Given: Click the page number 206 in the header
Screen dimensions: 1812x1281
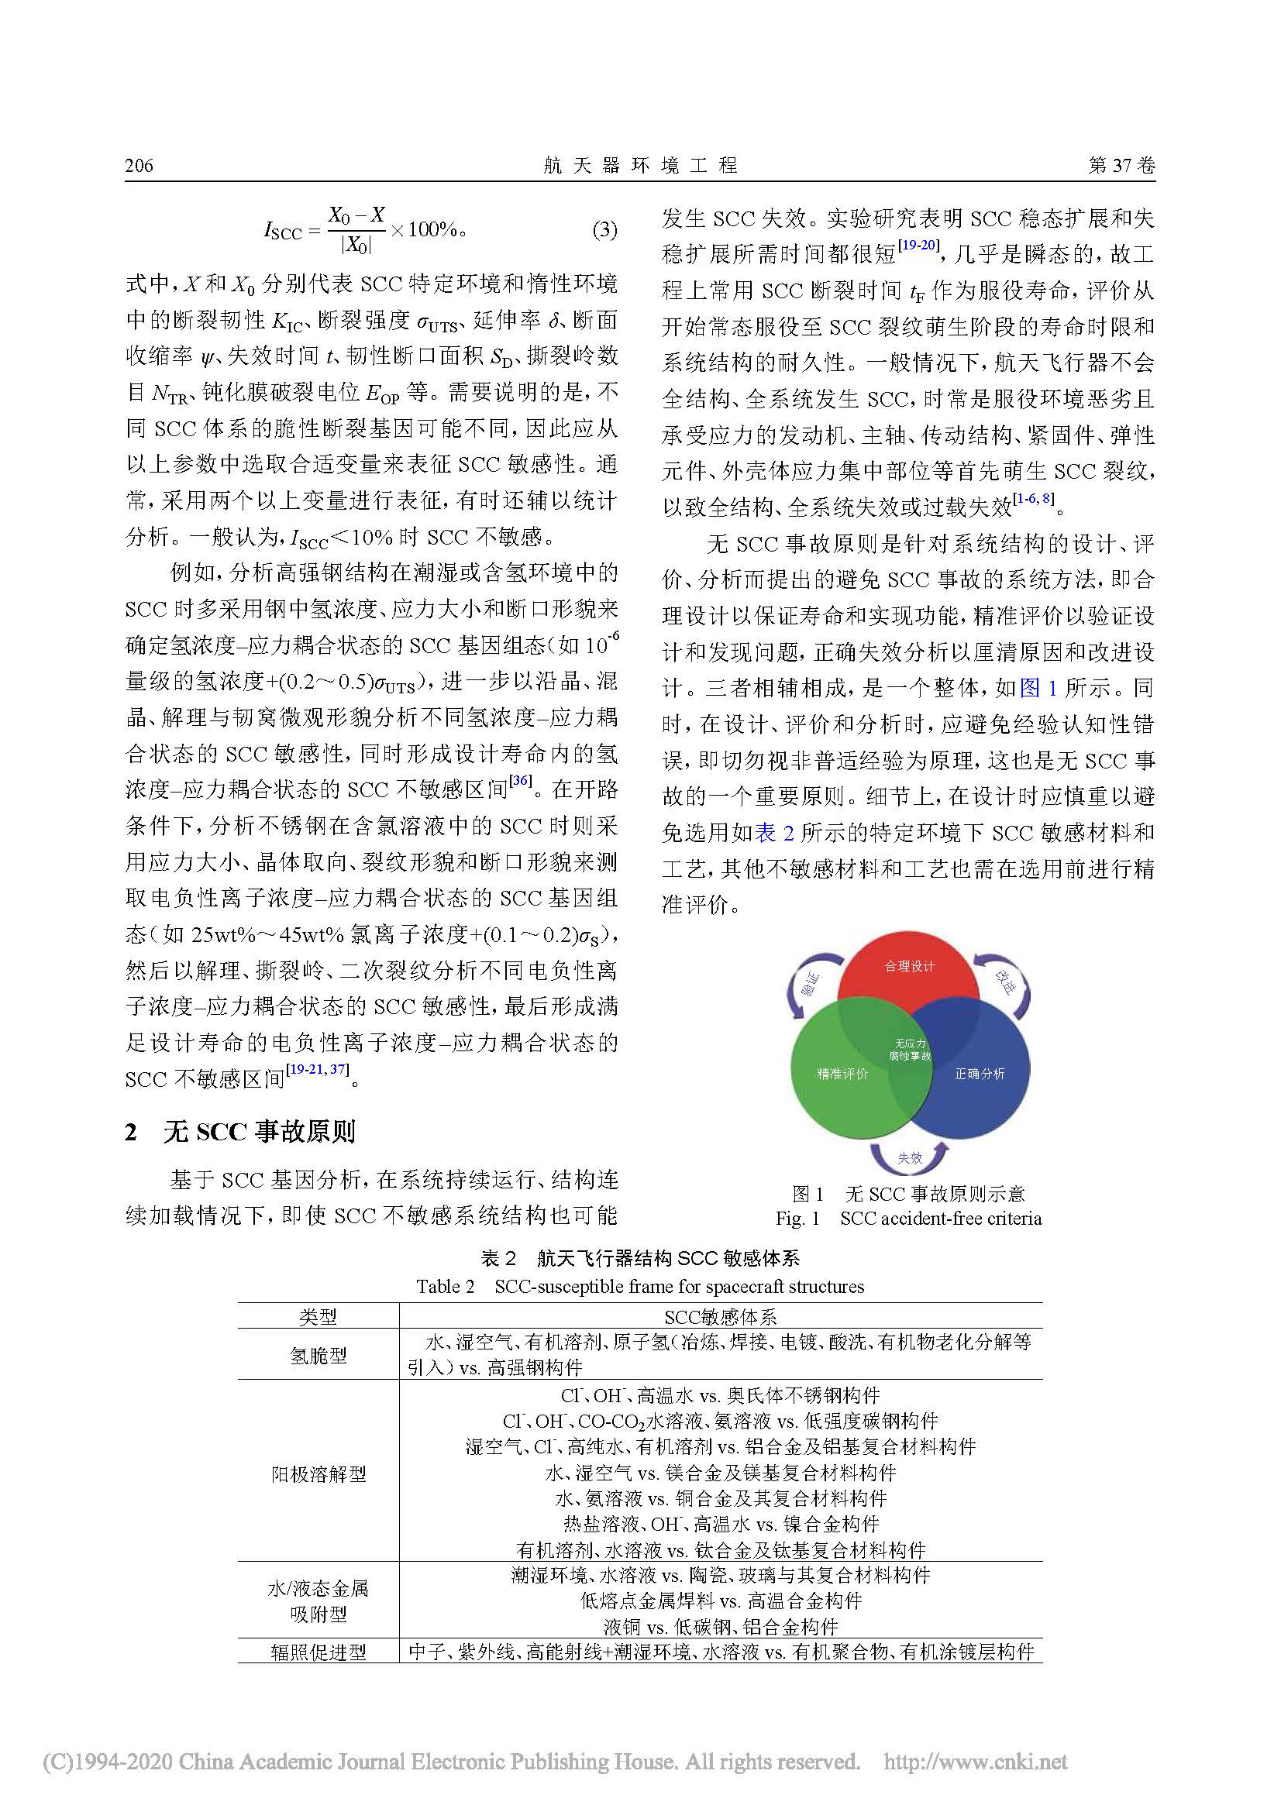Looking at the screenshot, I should (x=139, y=166).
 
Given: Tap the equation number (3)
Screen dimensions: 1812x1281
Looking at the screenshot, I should (x=604, y=230).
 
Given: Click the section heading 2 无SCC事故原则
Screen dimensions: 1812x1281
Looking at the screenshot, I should (x=240, y=1132).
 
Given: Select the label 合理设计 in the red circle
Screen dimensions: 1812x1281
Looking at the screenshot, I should (x=909, y=966).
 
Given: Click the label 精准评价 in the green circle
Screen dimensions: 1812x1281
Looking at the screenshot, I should (x=842, y=1073).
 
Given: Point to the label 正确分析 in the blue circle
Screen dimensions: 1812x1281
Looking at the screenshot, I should (x=980, y=1073).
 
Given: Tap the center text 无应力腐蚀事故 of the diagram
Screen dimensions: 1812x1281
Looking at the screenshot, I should (x=910, y=1050).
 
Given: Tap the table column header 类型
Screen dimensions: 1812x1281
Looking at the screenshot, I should (x=318, y=1316).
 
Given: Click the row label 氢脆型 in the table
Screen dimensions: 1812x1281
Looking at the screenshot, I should (x=318, y=1355).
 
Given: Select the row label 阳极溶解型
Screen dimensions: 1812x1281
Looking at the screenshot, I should (x=318, y=1473).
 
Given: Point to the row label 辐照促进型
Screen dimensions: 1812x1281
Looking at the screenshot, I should (x=318, y=1652).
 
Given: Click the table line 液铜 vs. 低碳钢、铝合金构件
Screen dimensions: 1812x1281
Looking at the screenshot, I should (x=721, y=1626).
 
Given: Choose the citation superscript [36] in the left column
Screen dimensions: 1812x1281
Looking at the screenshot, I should (x=520, y=782).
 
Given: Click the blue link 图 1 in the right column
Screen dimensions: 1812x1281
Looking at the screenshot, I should (x=1038, y=688).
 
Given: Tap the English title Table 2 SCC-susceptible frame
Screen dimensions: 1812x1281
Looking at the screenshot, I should (x=640, y=1287).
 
